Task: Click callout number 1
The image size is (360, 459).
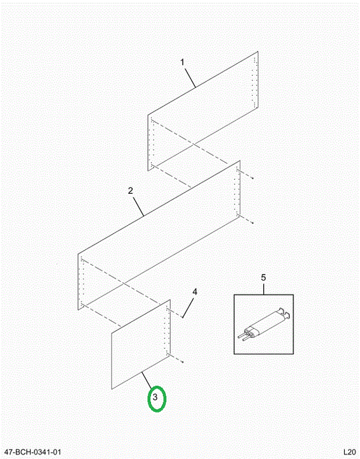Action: click(182, 62)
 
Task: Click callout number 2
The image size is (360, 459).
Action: click(131, 191)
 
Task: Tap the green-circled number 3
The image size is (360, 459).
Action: click(155, 398)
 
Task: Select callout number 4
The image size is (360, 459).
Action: click(195, 291)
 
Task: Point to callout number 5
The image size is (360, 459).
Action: click(263, 277)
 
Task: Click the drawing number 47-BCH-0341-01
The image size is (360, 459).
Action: click(32, 452)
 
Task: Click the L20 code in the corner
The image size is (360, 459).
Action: click(349, 452)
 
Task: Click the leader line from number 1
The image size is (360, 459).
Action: click(190, 77)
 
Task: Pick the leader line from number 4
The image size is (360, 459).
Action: click(188, 307)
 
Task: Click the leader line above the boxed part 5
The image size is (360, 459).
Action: click(263, 288)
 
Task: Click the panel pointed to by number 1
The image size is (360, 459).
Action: click(203, 111)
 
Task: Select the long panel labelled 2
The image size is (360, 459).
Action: click(159, 235)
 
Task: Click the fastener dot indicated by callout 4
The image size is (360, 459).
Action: click(182, 317)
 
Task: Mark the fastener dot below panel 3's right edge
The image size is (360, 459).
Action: click(182, 362)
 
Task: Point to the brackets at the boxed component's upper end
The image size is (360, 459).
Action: click(284, 312)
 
